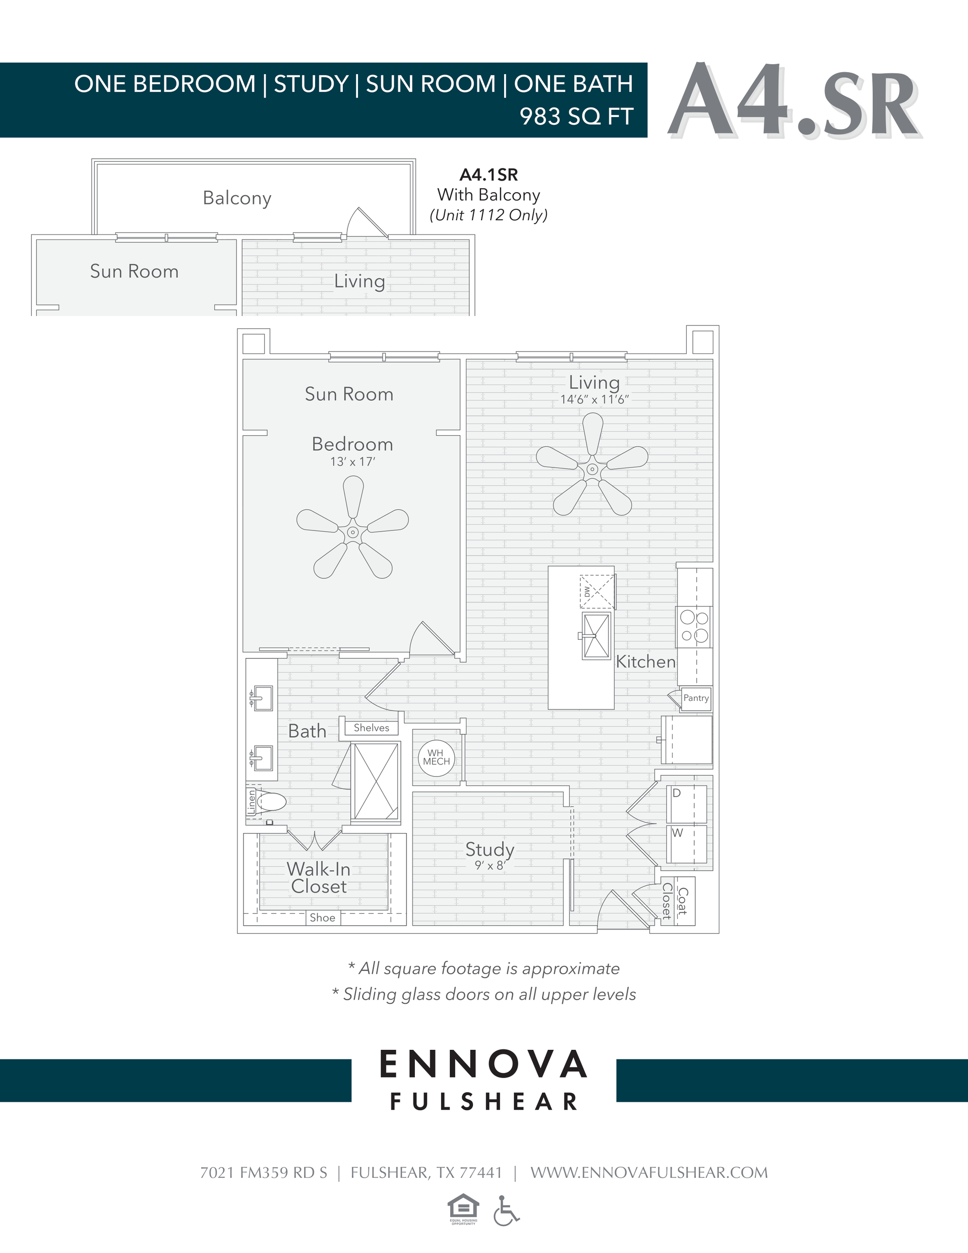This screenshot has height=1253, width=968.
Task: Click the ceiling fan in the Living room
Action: [x=592, y=468]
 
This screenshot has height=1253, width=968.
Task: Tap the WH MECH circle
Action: [x=436, y=758]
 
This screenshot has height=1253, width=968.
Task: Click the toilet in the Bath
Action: [x=271, y=802]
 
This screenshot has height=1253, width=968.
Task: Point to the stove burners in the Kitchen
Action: [x=694, y=626]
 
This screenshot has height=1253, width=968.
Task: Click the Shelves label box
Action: [x=371, y=728]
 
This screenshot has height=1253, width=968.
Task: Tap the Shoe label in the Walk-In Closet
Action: [x=323, y=917]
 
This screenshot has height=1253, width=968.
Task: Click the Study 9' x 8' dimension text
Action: [x=490, y=865]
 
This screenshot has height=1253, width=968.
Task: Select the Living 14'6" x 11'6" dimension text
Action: [x=594, y=399]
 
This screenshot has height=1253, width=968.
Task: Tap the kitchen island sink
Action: [x=596, y=636]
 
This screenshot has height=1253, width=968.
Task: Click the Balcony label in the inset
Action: [x=237, y=198]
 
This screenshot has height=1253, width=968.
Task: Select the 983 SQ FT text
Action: [x=576, y=116]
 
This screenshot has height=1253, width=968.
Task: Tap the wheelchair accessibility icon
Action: [x=506, y=1211]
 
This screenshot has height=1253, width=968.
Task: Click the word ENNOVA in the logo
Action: [x=483, y=1065]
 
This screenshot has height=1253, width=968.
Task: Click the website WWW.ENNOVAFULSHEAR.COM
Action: [x=648, y=1173]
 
